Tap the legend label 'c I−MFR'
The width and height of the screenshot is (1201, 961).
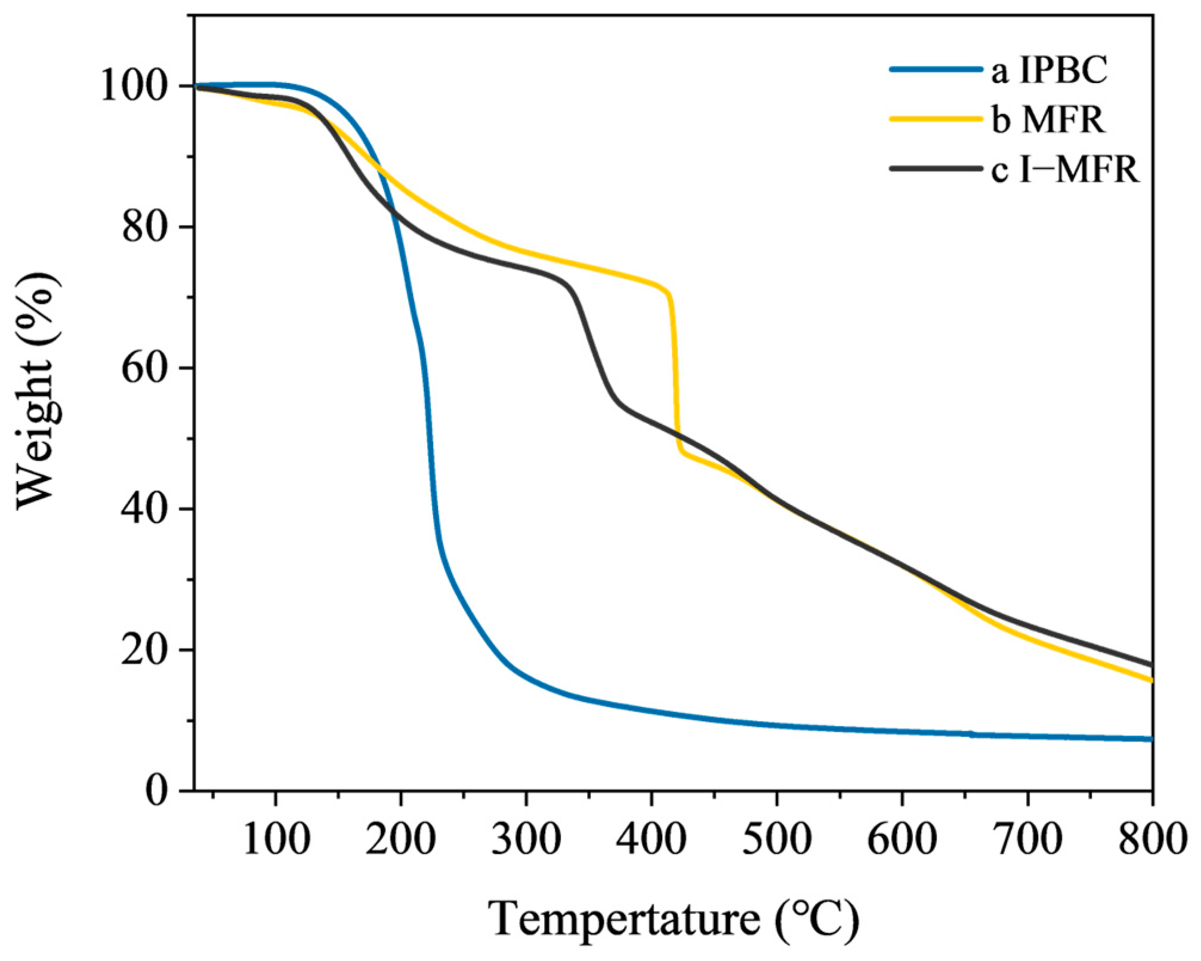point(1065,170)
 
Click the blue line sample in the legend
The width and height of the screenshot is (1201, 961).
point(935,69)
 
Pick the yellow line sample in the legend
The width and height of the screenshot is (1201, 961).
point(935,119)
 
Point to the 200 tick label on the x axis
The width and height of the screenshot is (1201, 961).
point(400,839)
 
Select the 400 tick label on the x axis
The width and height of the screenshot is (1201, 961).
point(651,839)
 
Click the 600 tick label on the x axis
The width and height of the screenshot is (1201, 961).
point(901,839)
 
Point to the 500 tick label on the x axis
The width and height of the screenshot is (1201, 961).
point(776,839)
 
